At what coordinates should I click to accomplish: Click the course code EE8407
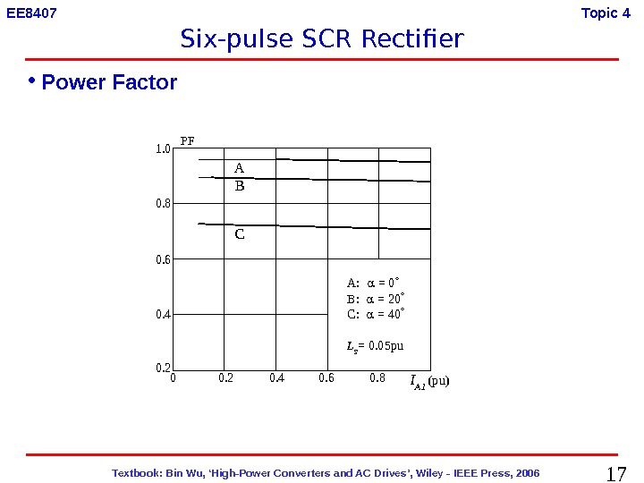tap(32, 13)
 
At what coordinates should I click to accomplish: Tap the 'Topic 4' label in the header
tap(606, 13)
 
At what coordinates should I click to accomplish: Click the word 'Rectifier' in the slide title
tap(414, 39)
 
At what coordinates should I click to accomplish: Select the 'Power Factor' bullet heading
tap(109, 83)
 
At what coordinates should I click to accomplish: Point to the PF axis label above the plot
tap(188, 140)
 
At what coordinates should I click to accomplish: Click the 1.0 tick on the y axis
tap(163, 149)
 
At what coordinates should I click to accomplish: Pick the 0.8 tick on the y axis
tap(163, 204)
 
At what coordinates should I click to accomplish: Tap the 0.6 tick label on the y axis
tap(163, 259)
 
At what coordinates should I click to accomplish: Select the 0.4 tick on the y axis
tap(163, 314)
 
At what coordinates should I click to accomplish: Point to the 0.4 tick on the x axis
tap(277, 378)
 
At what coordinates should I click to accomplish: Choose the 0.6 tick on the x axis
tap(326, 378)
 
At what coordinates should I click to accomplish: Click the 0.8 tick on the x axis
tap(377, 378)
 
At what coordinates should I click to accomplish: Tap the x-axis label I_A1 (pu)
tap(429, 382)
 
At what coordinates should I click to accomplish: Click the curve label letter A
tap(239, 168)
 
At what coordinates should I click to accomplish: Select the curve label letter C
tap(240, 234)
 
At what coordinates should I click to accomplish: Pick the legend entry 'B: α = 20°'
tap(376, 299)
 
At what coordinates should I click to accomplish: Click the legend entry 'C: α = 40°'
tap(376, 314)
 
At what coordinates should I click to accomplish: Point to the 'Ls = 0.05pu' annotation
tap(375, 345)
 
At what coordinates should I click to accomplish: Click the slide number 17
tap(616, 473)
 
